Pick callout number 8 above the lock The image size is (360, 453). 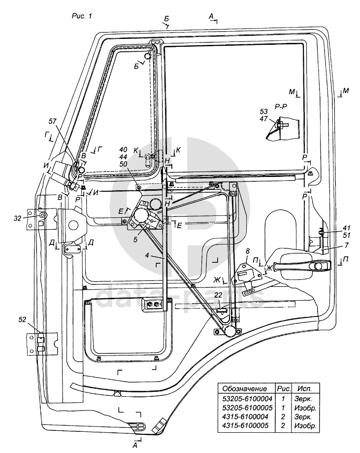247,251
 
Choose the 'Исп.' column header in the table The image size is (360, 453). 304,388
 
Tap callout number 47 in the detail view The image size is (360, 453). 264,119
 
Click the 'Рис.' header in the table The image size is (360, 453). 280,388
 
